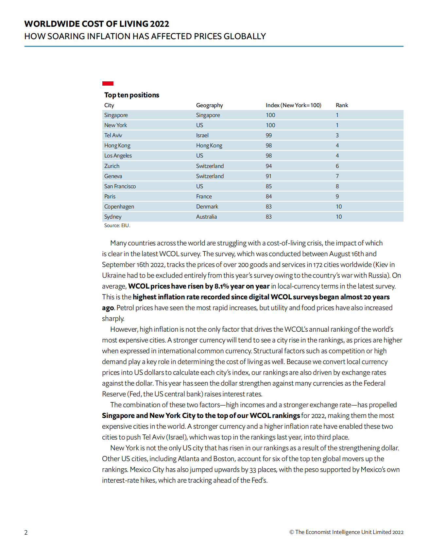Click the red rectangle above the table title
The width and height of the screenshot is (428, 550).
coord(108,84)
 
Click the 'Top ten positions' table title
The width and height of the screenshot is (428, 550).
coord(131,95)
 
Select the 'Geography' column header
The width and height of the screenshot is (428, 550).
coord(209,105)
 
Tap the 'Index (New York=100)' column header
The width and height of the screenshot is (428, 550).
coord(293,105)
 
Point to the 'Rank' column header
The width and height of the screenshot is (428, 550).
coord(342,105)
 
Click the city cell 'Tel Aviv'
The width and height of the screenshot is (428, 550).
coord(113,135)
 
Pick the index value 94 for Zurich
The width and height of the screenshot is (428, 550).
coord(269,166)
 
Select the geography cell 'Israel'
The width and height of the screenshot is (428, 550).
coord(202,135)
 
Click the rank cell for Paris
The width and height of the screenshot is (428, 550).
coord(337,196)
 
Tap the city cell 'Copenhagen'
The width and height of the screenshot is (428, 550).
coord(119,207)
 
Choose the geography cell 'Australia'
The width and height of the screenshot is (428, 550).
coord(206,217)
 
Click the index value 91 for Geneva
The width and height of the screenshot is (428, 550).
coord(268,176)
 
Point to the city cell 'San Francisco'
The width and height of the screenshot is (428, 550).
coord(120,186)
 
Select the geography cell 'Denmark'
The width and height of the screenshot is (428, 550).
coord(207,207)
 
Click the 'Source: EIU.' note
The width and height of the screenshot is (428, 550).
coord(117,225)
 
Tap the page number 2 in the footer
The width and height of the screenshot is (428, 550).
coord(26,532)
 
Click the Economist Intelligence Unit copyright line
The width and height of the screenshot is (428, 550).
coord(346,532)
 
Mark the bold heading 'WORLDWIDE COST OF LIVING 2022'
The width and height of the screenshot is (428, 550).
coord(96,24)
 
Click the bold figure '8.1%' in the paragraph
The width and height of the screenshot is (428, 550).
coord(222,286)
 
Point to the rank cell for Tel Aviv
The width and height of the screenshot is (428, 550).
coord(337,135)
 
